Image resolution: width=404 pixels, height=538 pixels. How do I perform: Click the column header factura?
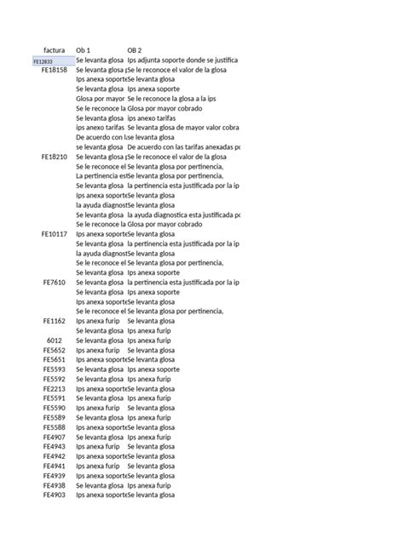(x=54, y=50)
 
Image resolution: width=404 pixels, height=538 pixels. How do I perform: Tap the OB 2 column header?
(x=134, y=50)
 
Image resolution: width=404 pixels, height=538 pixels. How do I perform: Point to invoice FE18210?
(x=55, y=157)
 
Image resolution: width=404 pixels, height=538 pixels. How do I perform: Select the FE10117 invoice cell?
(x=55, y=233)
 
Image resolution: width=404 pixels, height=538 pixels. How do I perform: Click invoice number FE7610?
(x=56, y=282)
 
